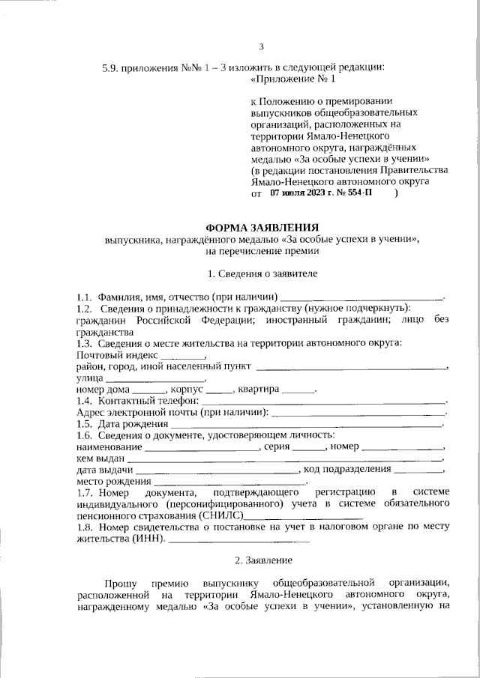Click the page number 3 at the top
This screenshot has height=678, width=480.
[x=262, y=47]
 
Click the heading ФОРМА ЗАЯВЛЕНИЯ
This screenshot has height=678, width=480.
[x=262, y=227]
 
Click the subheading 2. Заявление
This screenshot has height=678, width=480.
[x=262, y=560]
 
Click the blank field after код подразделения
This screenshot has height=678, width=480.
[x=418, y=471]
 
